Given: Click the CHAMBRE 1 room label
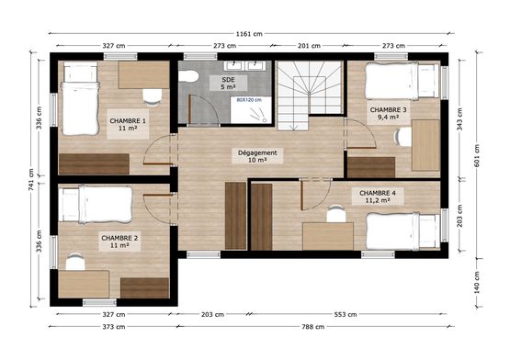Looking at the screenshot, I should click(128, 125).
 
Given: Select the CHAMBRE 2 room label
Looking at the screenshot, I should click(119, 242).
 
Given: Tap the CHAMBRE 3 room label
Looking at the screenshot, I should click(389, 113).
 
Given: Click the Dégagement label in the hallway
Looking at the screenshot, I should click(257, 156).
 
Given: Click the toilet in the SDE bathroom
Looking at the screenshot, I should click(189, 76).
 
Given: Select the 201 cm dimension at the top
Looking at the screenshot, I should click(309, 45).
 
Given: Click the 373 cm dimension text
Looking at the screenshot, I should click(114, 326).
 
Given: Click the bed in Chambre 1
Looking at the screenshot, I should click(79, 106).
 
